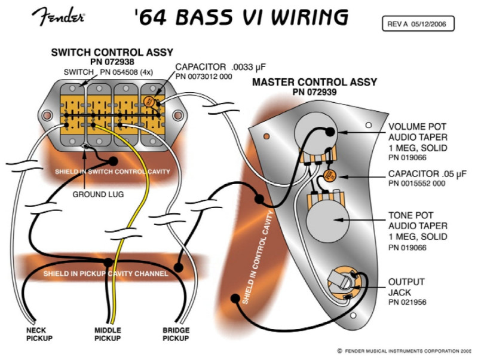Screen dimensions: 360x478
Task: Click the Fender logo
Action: tap(61, 17)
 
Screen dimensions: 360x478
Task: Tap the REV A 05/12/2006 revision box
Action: tap(418, 24)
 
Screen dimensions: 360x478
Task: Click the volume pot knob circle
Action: tap(315, 130)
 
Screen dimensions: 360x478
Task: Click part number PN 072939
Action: tap(314, 92)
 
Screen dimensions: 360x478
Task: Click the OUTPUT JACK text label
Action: tap(406, 286)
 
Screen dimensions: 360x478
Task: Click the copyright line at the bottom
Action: tap(405, 351)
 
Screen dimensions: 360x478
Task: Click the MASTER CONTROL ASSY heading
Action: tap(314, 82)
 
